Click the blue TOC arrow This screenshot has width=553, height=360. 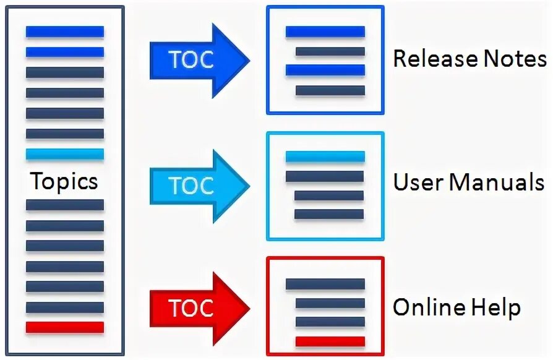point(198,60)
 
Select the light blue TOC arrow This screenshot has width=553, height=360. point(198,186)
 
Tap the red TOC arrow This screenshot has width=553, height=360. point(198,307)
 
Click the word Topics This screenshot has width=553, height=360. point(64,181)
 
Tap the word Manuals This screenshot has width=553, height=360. point(497,182)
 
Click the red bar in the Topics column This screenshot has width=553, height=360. point(64,327)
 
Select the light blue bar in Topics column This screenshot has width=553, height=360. point(64,154)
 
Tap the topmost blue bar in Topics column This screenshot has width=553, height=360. point(64,32)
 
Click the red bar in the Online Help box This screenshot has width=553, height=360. point(330,341)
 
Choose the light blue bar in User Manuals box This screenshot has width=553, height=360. point(325,156)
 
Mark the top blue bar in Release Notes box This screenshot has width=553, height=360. point(325,32)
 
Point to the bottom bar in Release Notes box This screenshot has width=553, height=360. point(330,90)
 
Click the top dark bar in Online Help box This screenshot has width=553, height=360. point(325,284)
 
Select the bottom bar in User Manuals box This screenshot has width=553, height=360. point(329,215)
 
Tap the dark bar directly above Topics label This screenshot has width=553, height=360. point(64,134)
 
